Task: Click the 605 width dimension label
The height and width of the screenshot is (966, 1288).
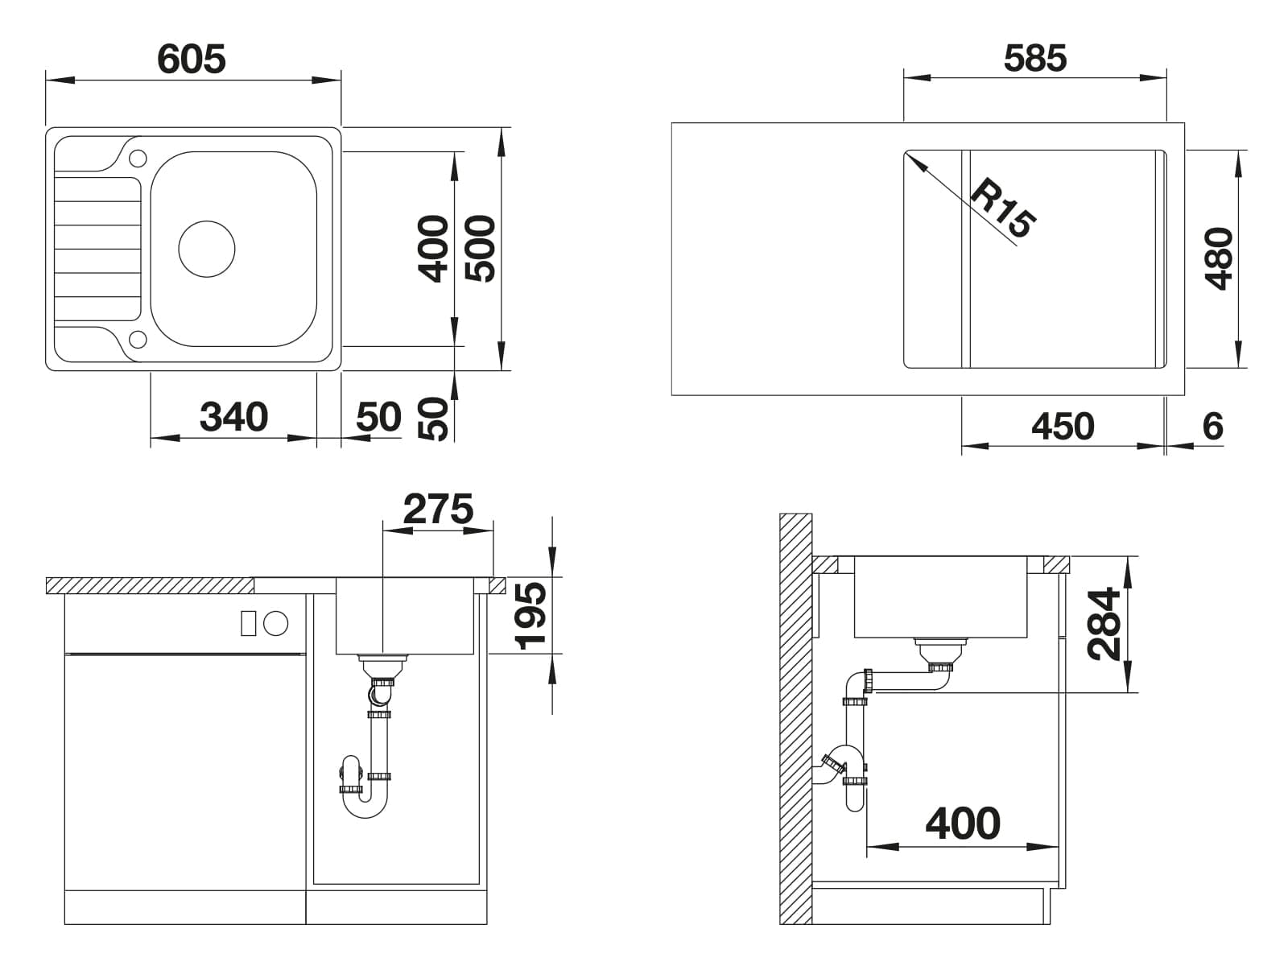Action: [192, 60]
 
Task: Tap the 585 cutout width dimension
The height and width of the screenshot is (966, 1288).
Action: [1035, 59]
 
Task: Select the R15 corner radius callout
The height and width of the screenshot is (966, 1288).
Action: [1002, 208]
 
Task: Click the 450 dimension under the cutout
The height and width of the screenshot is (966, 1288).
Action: [1063, 427]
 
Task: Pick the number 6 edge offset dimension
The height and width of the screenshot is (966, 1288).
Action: [1213, 427]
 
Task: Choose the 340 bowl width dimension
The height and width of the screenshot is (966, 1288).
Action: [233, 417]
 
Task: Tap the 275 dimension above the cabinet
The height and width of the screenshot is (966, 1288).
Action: [438, 509]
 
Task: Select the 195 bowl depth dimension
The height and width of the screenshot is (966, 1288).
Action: [530, 616]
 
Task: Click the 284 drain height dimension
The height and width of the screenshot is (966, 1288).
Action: [1104, 624]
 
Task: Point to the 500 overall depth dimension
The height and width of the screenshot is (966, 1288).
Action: [480, 250]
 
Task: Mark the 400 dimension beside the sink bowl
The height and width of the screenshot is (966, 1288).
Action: [433, 250]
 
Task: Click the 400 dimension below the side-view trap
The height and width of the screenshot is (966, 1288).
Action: [963, 824]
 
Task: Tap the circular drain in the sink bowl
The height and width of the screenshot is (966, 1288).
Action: [207, 250]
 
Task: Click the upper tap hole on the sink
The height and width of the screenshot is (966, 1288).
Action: [138, 158]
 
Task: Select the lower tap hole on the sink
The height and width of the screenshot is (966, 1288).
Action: [138, 339]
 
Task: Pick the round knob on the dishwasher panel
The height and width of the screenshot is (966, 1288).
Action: [276, 623]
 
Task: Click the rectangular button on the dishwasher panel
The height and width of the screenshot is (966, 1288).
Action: [248, 623]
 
